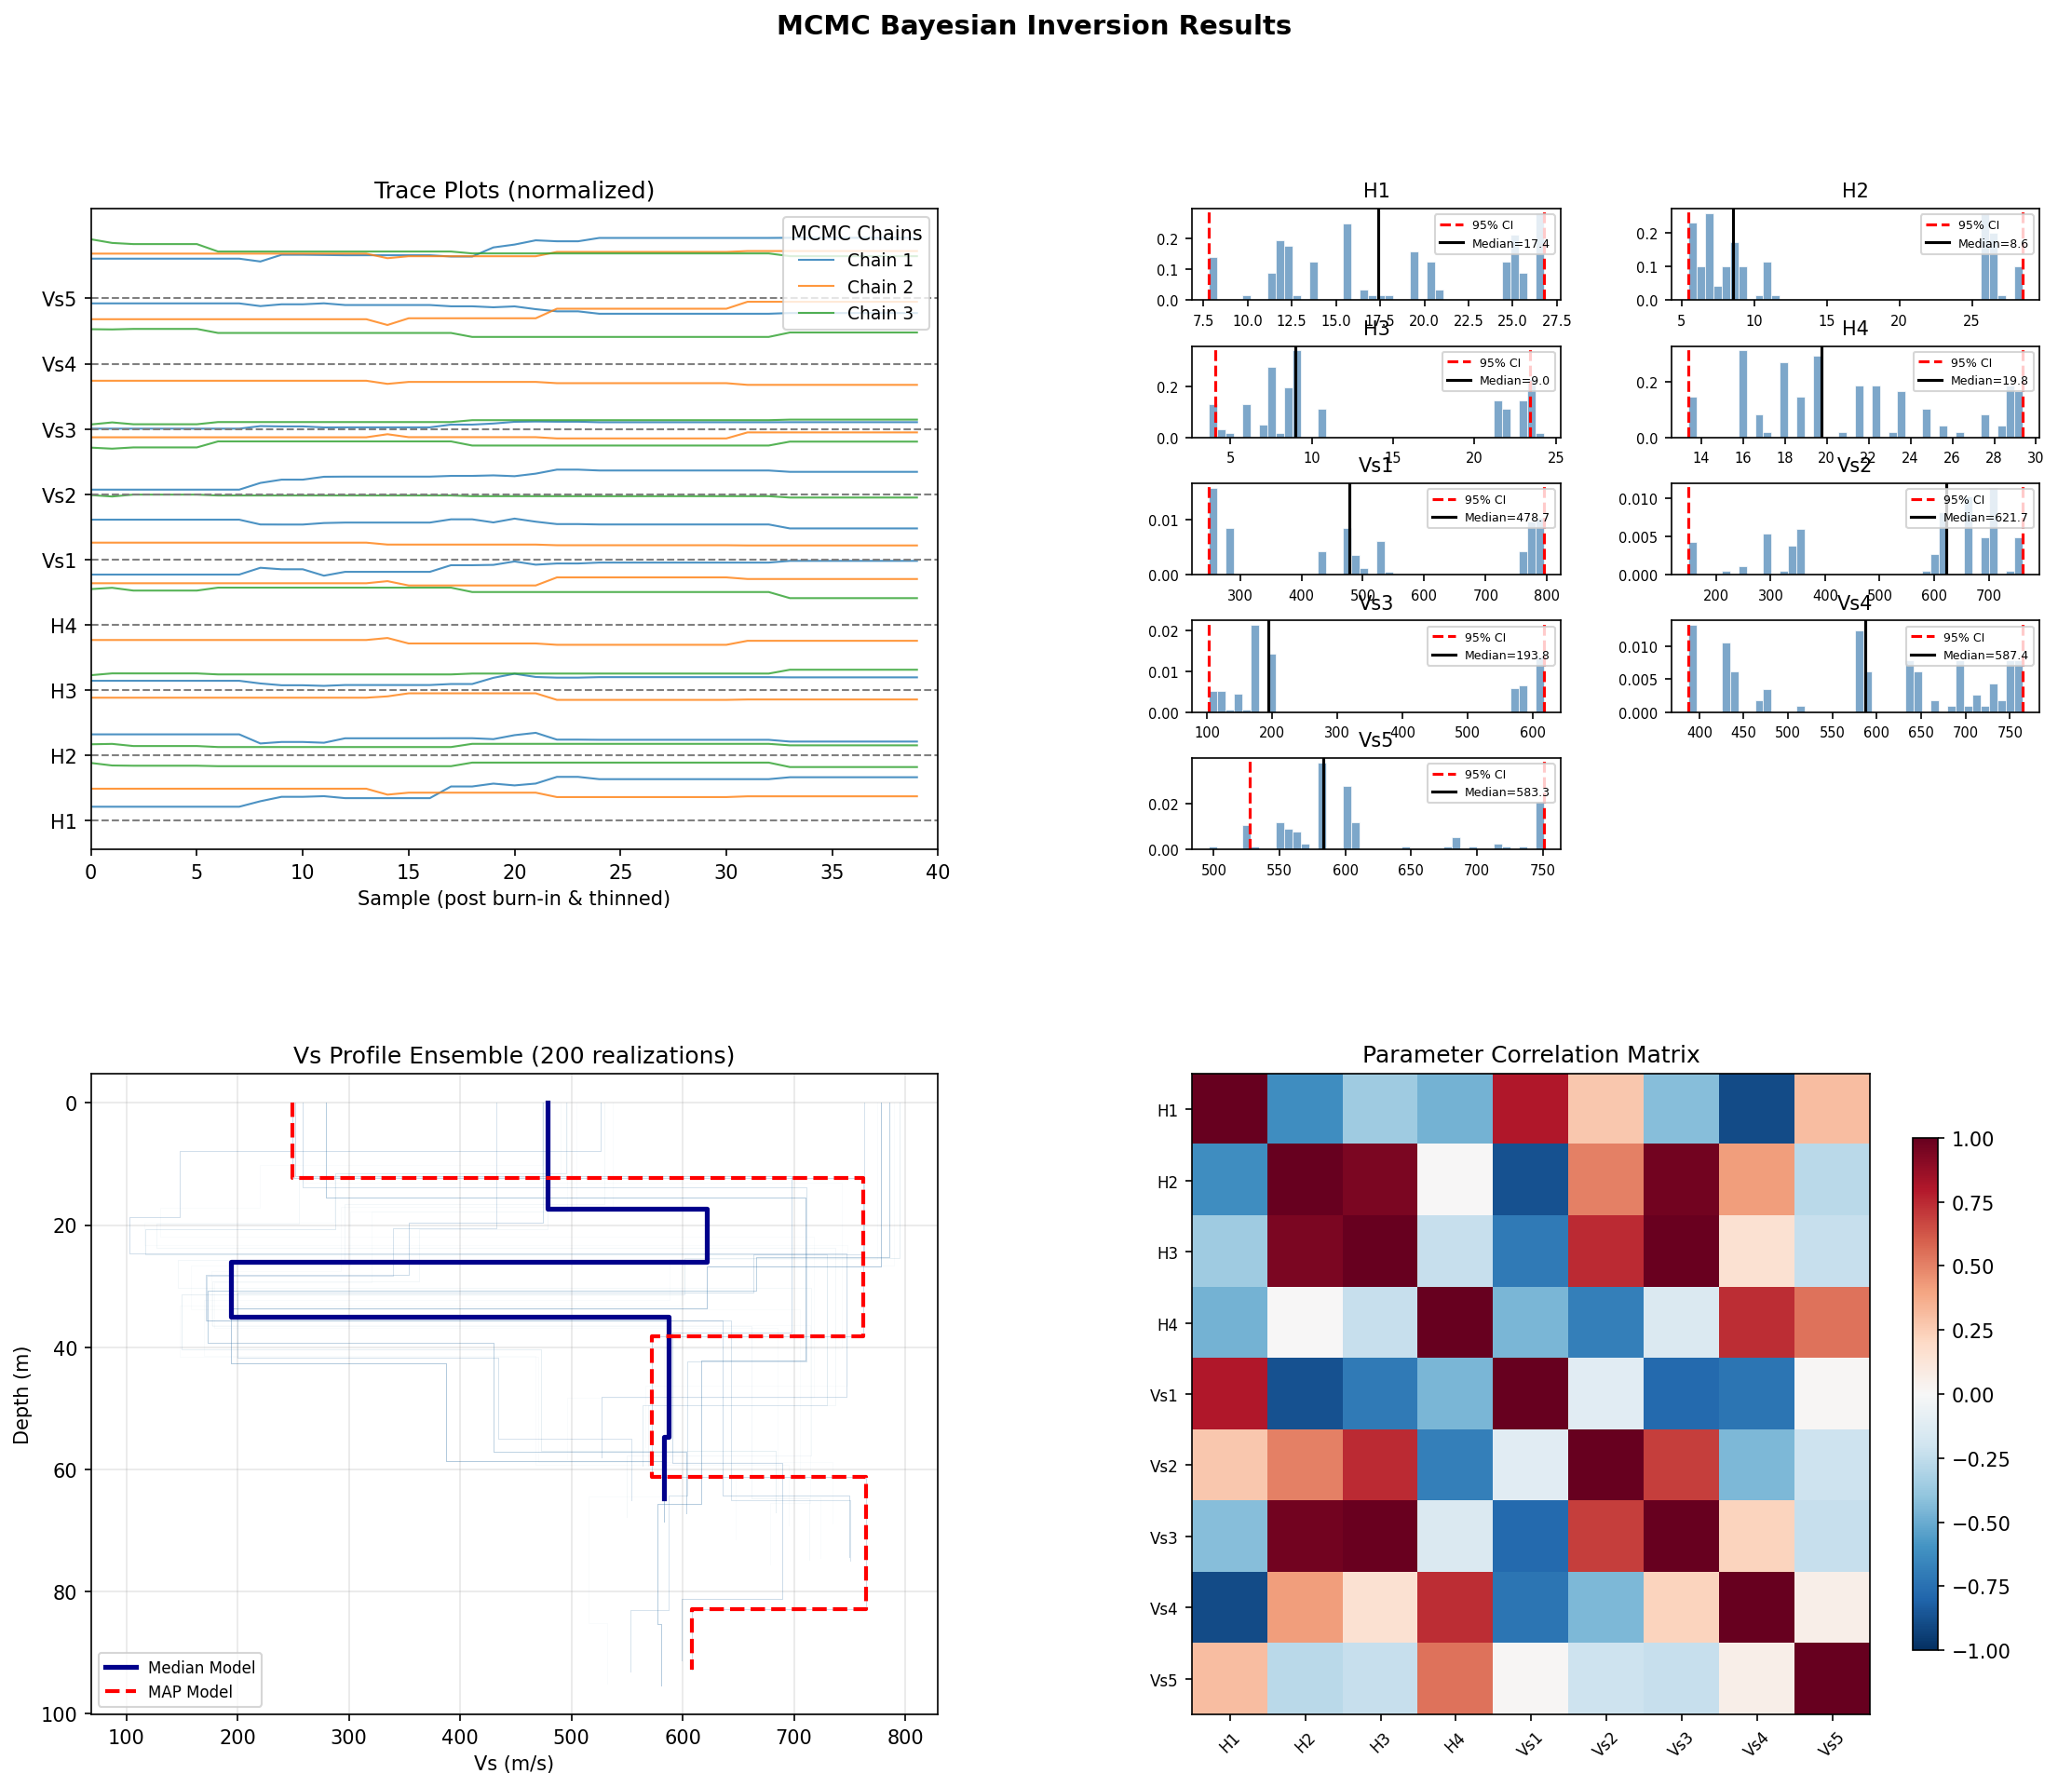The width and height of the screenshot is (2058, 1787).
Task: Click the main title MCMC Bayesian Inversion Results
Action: [1033, 26]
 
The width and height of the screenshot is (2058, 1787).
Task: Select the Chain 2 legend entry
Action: [878, 287]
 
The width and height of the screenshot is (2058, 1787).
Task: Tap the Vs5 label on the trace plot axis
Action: [59, 299]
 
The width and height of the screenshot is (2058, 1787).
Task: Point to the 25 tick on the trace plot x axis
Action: [620, 873]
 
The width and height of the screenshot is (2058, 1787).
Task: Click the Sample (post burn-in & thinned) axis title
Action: [513, 899]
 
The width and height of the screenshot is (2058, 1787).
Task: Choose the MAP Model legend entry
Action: [189, 1691]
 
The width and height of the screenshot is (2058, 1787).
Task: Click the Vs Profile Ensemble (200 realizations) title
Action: [513, 1055]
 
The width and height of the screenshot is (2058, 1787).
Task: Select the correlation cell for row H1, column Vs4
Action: [1756, 1110]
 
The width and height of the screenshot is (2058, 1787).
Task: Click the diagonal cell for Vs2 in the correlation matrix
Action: [1605, 1465]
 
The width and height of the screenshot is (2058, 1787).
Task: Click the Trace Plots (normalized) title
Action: [513, 191]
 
